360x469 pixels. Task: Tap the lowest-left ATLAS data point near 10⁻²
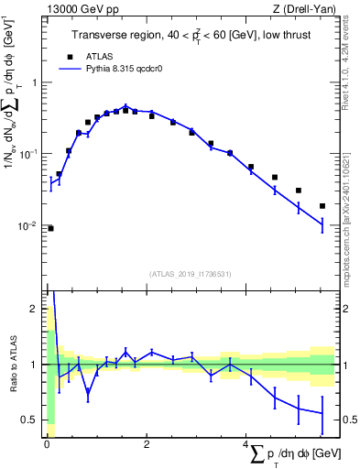(x=50, y=228)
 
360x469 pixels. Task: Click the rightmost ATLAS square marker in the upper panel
(x=322, y=206)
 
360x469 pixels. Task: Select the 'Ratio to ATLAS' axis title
(x=14, y=364)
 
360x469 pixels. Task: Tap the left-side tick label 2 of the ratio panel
(x=34, y=310)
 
